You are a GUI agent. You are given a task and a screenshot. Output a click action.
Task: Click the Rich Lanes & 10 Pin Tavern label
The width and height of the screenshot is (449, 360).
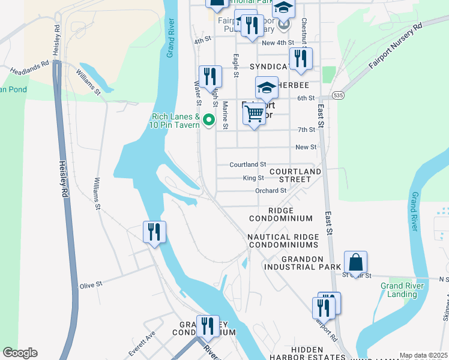pos(175,121)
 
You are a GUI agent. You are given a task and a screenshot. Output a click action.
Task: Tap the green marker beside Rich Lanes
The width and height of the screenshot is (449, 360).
pos(209,120)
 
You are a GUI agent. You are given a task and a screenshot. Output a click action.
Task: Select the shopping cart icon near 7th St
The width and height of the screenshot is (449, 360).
pos(255,113)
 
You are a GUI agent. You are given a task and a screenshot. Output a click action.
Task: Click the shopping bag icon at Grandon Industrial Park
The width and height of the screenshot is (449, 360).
pos(355,263)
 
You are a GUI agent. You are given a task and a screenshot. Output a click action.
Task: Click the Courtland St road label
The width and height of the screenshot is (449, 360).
pos(247,164)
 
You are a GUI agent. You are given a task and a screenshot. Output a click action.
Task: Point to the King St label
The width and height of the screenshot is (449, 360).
pos(253,178)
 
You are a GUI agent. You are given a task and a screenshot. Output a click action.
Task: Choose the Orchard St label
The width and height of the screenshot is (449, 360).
pos(271,191)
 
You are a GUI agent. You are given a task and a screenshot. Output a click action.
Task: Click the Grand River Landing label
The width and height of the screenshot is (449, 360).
pos(399,290)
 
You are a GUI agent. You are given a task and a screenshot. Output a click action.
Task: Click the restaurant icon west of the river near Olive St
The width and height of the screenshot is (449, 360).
pos(154,232)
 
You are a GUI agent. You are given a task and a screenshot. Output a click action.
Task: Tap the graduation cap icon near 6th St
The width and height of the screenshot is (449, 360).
pos(267,88)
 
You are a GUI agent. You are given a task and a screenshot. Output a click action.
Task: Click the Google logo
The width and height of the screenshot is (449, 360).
pos(20,353)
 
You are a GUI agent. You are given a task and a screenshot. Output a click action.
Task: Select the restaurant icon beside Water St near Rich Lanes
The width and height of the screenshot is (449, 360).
pos(210,76)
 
